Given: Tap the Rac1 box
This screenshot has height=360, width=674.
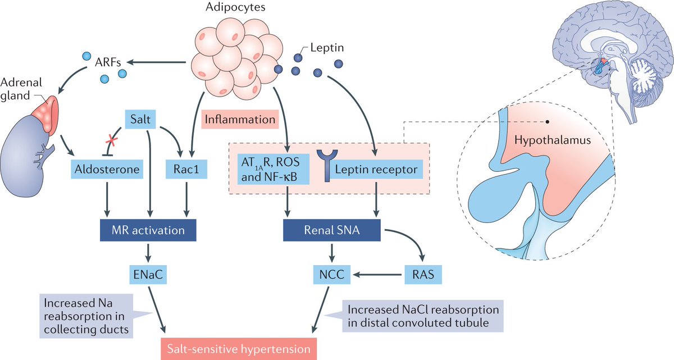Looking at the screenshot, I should (x=182, y=168).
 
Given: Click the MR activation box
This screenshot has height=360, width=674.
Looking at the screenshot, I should (x=147, y=230).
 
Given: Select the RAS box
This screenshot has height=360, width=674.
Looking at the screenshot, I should (x=422, y=275).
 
